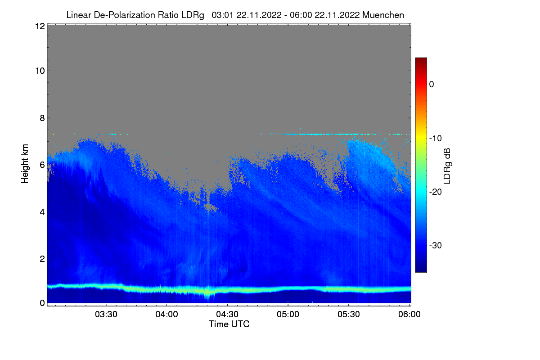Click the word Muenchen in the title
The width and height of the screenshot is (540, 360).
(383, 15)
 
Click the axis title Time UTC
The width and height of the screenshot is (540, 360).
(229, 324)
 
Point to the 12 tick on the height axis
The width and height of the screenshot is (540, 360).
(39, 26)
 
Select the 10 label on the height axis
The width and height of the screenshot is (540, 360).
(39, 71)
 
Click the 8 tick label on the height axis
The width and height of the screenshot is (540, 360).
(41, 118)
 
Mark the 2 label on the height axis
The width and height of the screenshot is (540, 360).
(41, 258)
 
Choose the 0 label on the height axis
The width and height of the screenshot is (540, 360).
(41, 303)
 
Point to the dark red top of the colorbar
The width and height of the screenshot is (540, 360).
(421, 60)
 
